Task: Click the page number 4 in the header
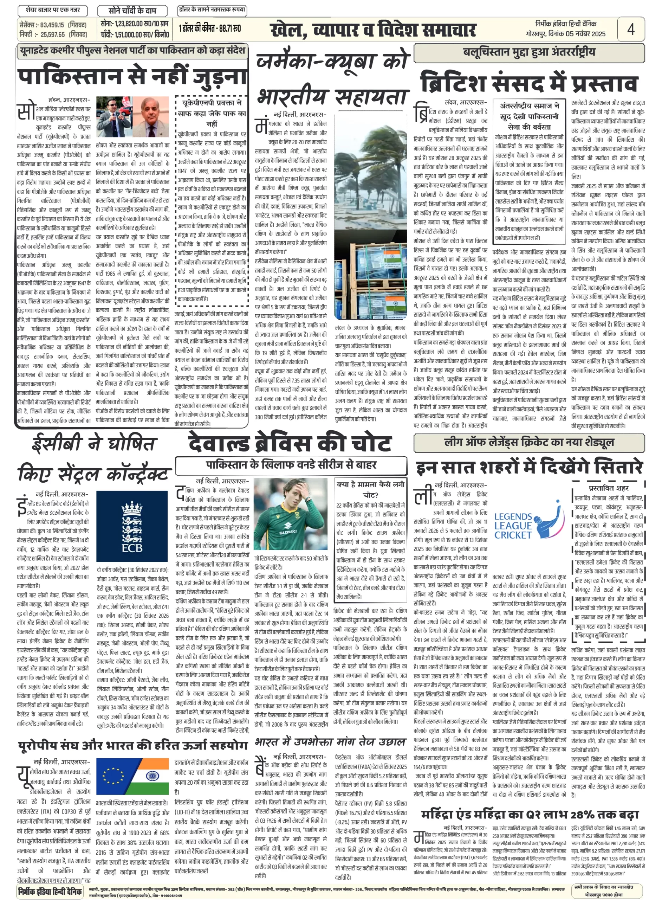tap(630, 29)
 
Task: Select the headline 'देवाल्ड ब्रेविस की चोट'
tap(289, 443)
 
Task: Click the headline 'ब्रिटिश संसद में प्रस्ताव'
tap(528, 83)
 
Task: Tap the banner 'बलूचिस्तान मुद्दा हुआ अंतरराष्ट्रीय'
tap(529, 52)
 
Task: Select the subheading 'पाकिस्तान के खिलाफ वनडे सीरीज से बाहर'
tap(291, 465)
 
